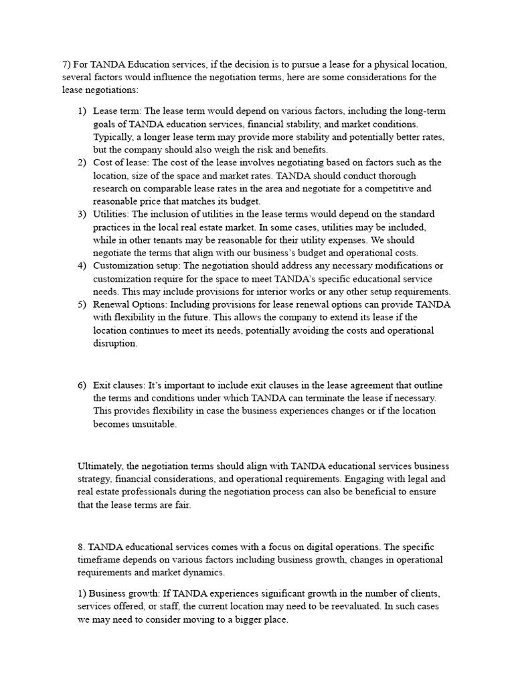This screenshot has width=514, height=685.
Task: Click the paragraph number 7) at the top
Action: (66, 65)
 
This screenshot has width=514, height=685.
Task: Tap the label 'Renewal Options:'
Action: (131, 304)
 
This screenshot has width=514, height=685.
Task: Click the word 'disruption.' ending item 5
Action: (115, 343)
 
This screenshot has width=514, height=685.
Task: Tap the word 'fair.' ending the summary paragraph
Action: (181, 505)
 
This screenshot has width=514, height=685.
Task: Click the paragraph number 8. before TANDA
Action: (82, 547)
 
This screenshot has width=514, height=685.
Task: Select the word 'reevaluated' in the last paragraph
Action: (330, 606)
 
